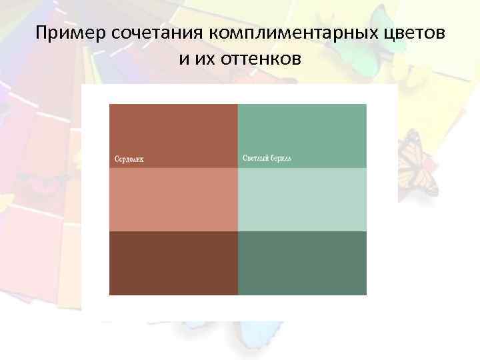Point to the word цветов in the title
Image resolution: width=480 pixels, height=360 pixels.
(413, 34)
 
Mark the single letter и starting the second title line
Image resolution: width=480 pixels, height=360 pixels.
(183, 59)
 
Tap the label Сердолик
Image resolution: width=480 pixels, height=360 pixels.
(129, 159)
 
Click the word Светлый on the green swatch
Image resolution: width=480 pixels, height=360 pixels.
(256, 159)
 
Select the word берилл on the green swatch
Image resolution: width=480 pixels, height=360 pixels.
(283, 159)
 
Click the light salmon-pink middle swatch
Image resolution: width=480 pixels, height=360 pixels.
(173, 199)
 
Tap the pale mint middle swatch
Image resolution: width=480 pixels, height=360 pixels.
(302, 199)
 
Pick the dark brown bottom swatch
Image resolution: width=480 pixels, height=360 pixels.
(173, 263)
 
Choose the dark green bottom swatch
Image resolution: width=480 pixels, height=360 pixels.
(302, 263)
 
